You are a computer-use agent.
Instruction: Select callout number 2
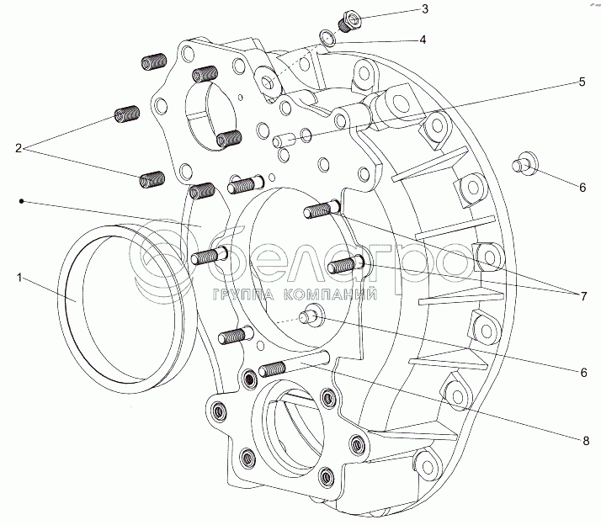click(x=19, y=148)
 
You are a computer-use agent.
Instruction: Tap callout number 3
click(x=425, y=9)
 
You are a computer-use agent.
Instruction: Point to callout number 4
click(x=423, y=40)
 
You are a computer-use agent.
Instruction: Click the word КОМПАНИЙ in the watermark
click(x=330, y=294)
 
